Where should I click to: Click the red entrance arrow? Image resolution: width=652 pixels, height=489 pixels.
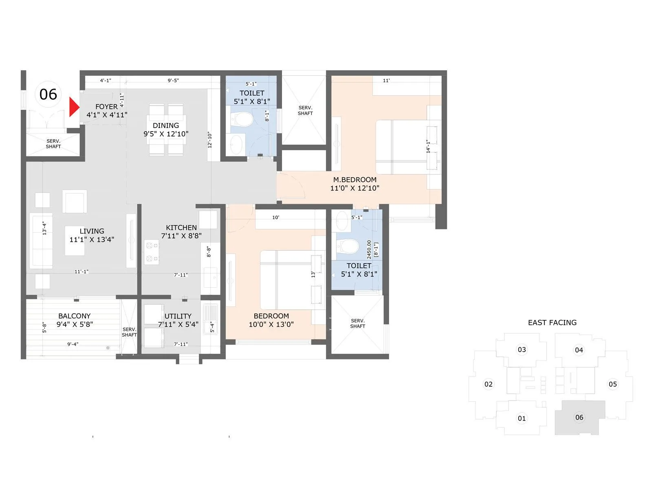click(x=73, y=107)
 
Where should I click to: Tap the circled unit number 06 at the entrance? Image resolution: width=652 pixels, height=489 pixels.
click(x=48, y=95)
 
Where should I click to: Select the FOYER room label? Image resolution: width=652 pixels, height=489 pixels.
click(x=106, y=107)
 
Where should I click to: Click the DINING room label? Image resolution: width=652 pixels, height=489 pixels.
click(x=166, y=126)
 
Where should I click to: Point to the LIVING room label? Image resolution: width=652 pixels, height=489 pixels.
click(x=92, y=231)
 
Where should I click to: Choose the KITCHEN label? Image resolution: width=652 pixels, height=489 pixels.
click(x=181, y=228)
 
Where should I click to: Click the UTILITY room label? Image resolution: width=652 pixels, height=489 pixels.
click(x=178, y=316)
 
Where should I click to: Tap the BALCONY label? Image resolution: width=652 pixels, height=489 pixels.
click(x=74, y=316)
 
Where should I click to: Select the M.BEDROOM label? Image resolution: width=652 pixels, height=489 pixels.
click(x=355, y=180)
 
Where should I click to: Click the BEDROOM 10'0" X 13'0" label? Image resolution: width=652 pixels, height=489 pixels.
click(x=271, y=320)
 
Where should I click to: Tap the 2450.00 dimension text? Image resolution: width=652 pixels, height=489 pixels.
click(x=369, y=249)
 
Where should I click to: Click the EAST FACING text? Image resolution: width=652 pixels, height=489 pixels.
click(x=552, y=323)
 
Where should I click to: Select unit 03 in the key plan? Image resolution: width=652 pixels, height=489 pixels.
click(x=522, y=350)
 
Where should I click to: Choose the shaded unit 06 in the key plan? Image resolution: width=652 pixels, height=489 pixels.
click(x=579, y=417)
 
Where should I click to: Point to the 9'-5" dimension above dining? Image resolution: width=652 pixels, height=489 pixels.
click(x=173, y=81)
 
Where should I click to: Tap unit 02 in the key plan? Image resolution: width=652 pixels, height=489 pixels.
click(x=488, y=384)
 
